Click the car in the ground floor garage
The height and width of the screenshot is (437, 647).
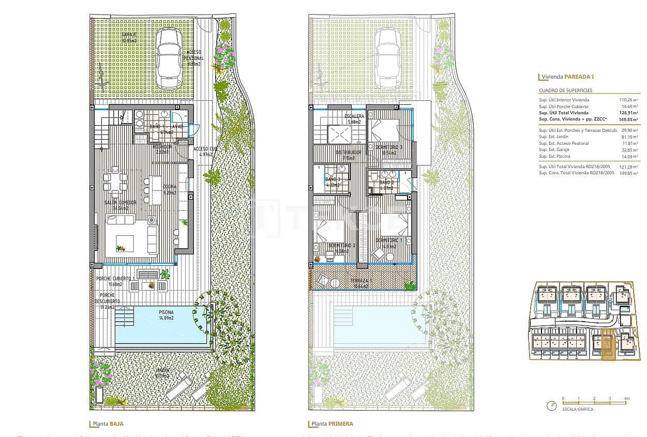click(169, 58)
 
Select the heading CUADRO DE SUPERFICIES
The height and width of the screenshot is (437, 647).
click(566, 91)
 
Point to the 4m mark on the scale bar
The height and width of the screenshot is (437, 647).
click(626, 399)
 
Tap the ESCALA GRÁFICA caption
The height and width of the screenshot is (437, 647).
click(578, 409)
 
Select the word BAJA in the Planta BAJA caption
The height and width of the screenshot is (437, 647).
click(116, 424)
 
